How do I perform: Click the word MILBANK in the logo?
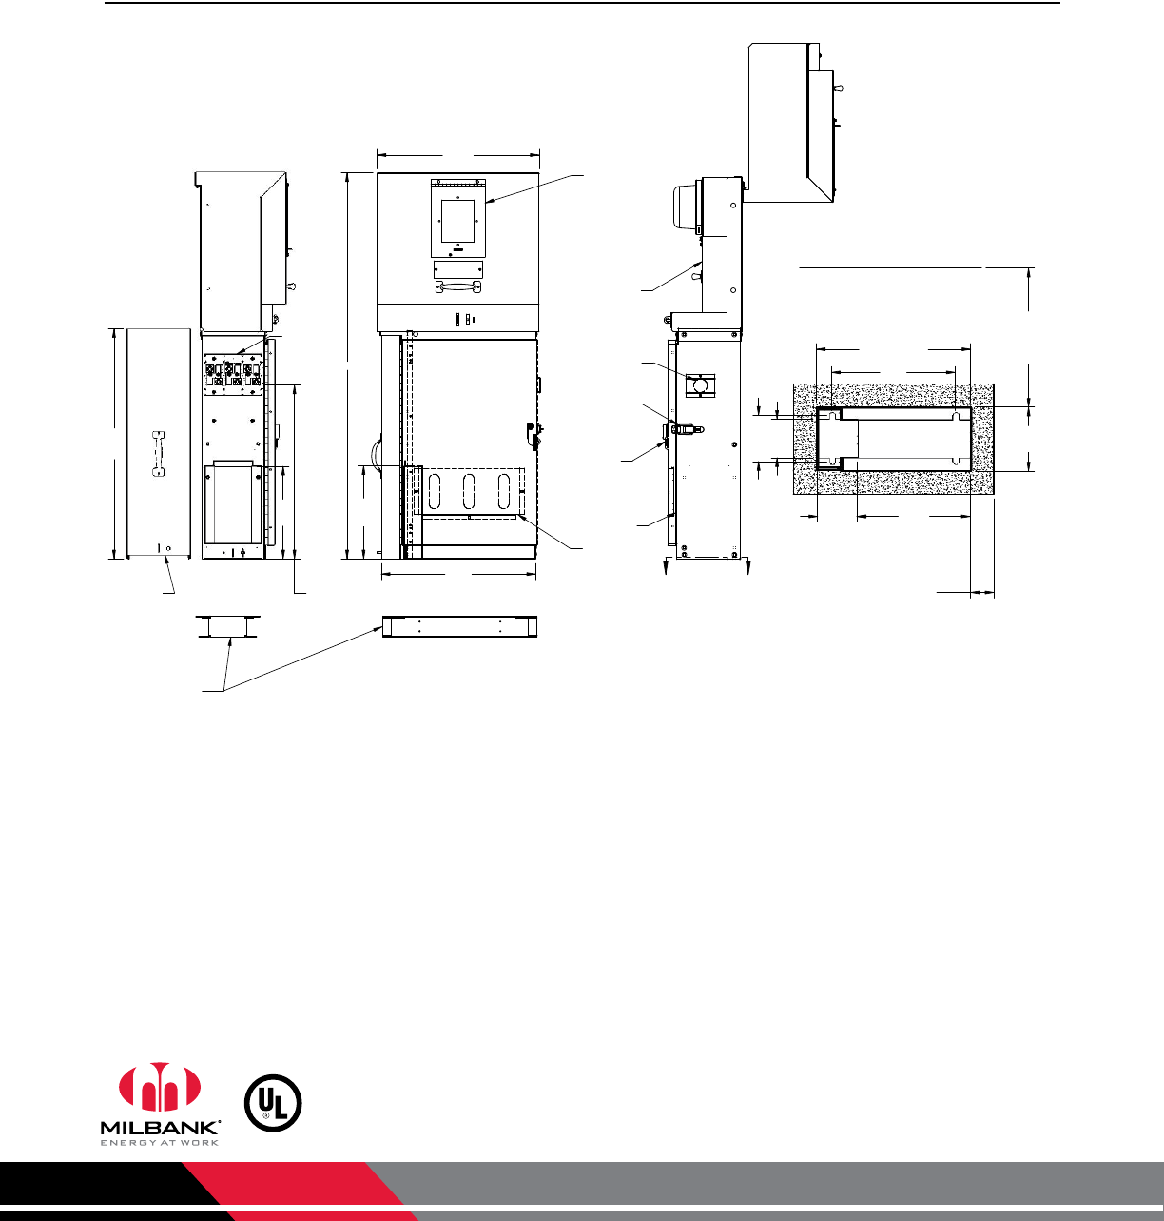click(161, 1127)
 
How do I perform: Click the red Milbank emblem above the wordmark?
click(160, 1087)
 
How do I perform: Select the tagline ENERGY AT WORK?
click(160, 1142)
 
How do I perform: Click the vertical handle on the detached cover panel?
click(159, 454)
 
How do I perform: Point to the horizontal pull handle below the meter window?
click(458, 286)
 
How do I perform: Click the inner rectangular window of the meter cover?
click(457, 221)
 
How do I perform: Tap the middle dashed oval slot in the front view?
click(470, 492)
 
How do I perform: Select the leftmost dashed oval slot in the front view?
click(435, 492)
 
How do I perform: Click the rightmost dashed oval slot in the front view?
click(504, 492)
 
